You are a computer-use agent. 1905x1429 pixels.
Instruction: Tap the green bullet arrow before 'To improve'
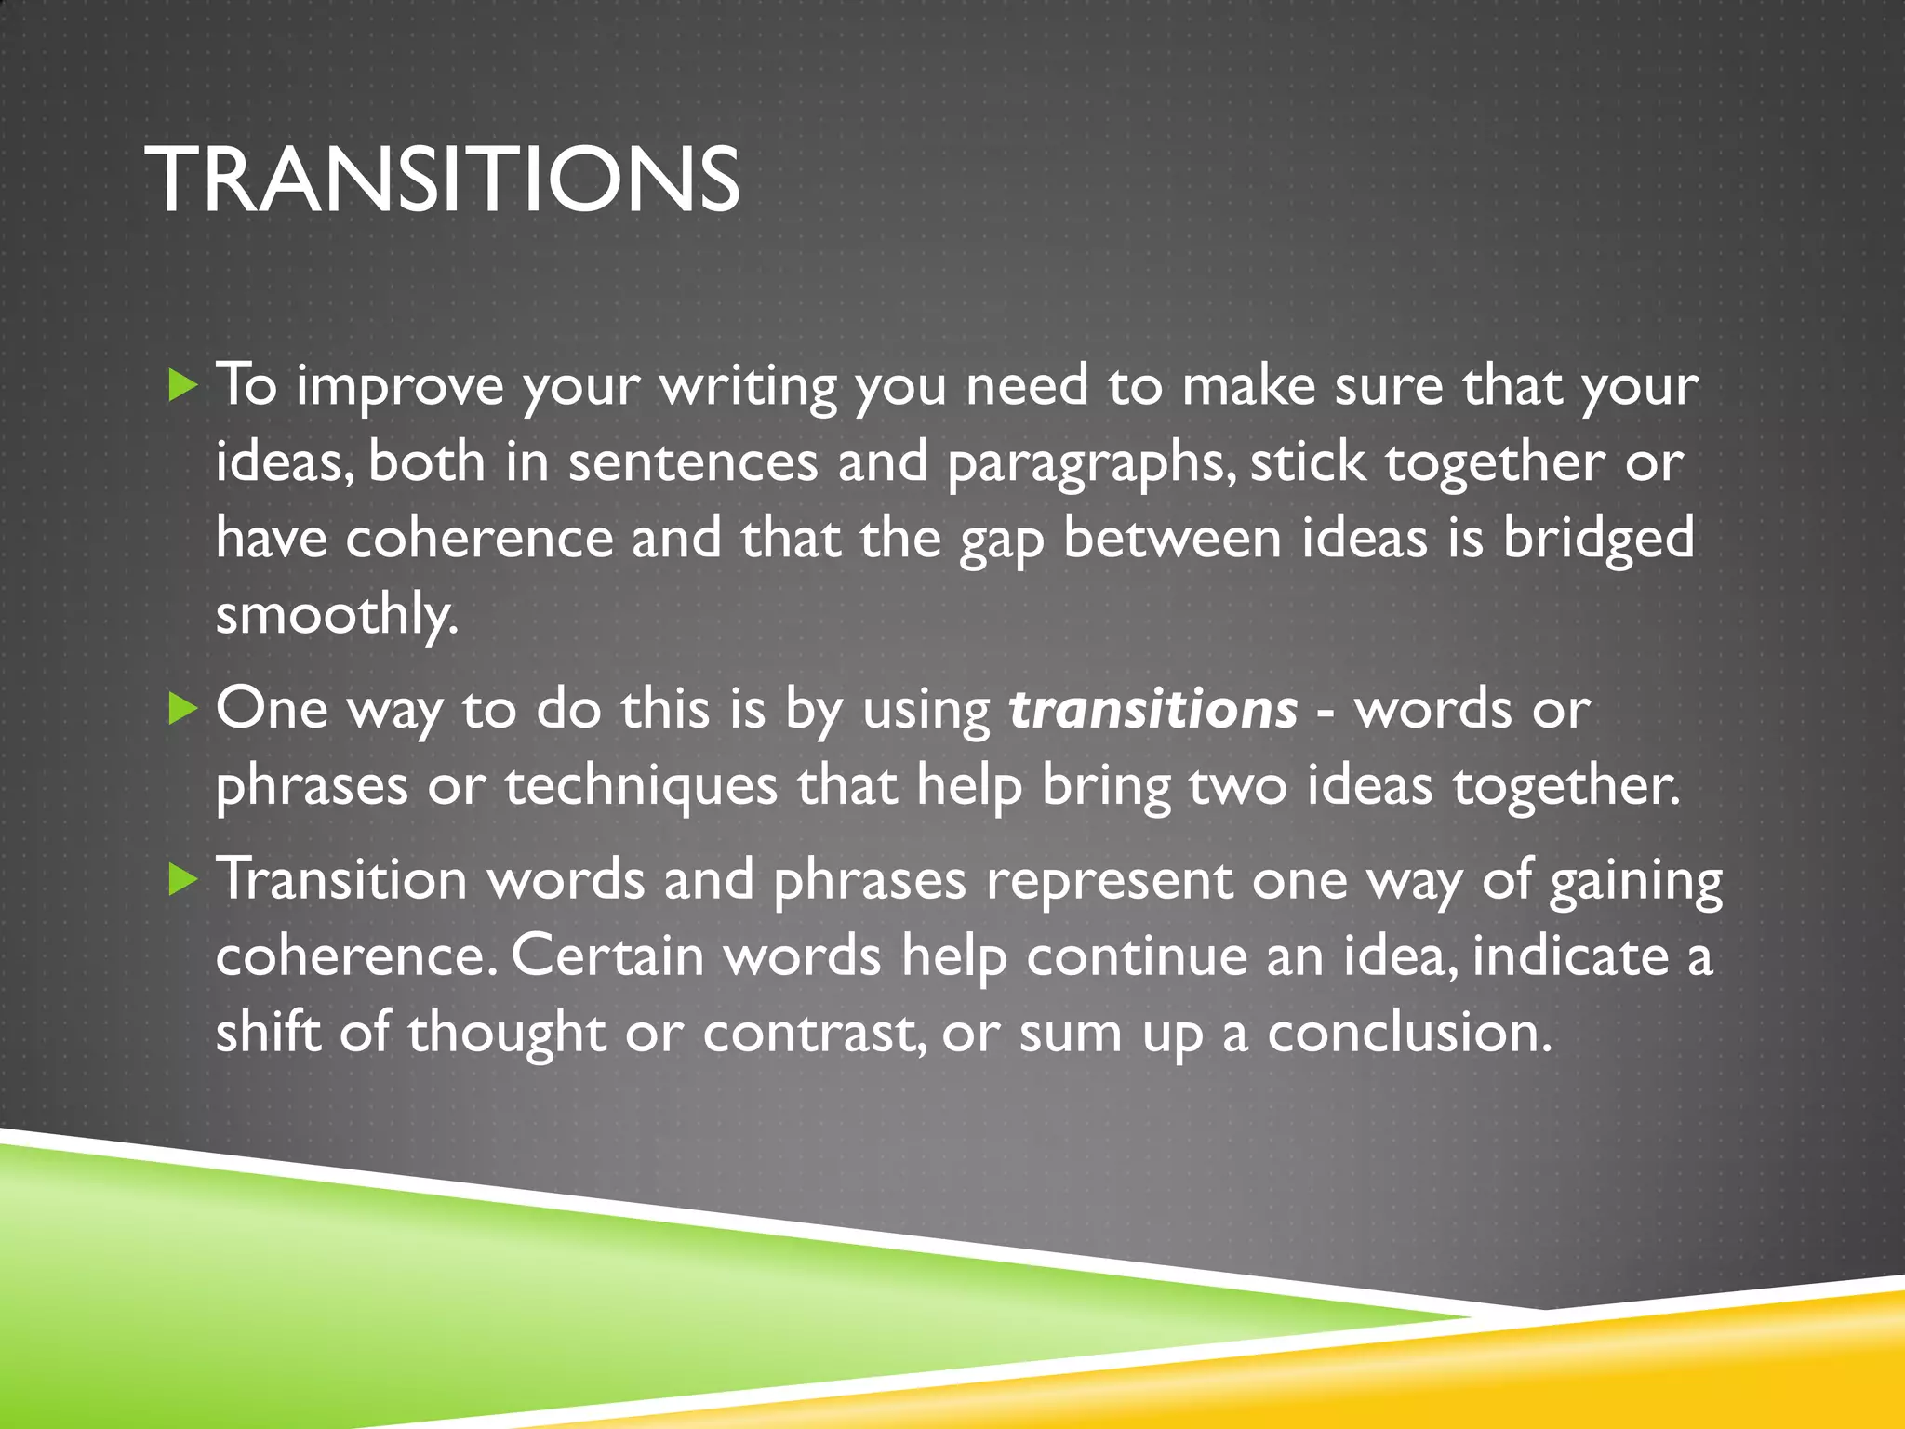[183, 385]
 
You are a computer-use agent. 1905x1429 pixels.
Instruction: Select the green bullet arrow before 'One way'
[183, 710]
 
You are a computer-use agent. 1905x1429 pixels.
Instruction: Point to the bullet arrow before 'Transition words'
[183, 880]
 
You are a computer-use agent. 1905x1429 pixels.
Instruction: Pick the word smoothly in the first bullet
[337, 615]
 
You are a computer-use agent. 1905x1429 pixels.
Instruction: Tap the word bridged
[1599, 540]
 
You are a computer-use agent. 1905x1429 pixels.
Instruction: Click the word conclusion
[1409, 1033]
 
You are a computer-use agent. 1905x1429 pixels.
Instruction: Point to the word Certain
[607, 956]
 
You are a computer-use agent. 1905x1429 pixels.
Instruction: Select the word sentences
[692, 463]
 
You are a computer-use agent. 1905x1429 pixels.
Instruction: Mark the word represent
[1109, 880]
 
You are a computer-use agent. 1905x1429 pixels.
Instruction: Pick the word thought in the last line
[507, 1033]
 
